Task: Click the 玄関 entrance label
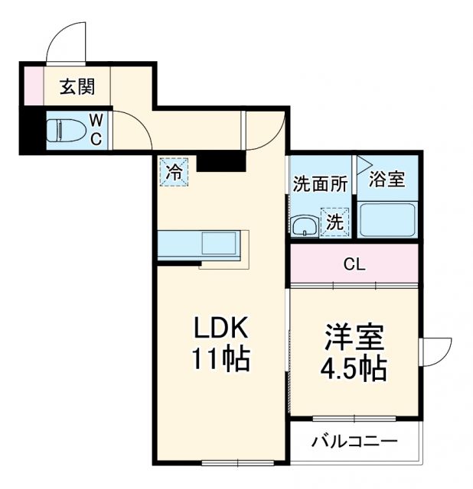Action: pos(77,87)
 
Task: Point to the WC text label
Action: pos(98,130)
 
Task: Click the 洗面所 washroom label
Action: pos(320,184)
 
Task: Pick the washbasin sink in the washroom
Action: pos(304,226)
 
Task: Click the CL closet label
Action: pos(354,265)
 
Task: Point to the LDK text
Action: pos(219,329)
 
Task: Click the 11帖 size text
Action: pos(219,359)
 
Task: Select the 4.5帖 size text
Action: pos(353,370)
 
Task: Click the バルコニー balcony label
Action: pos(354,442)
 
